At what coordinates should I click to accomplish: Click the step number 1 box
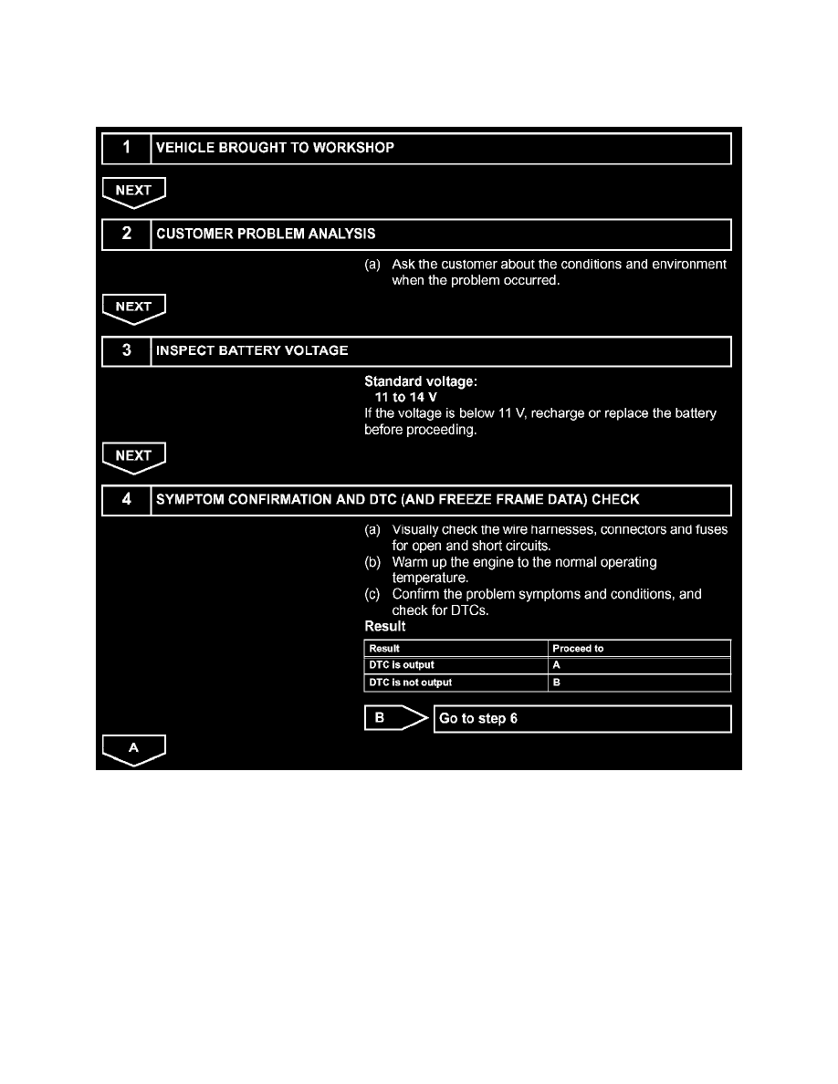point(126,148)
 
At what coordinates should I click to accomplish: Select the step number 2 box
point(126,235)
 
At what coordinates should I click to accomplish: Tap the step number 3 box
point(126,351)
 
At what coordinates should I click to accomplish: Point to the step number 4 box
point(126,500)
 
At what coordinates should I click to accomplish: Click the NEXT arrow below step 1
point(133,192)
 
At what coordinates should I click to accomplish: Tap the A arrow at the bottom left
point(133,749)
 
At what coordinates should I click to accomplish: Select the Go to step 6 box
point(581,719)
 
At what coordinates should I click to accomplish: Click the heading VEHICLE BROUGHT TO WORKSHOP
point(276,148)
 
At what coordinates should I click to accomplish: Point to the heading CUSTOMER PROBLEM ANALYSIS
point(266,235)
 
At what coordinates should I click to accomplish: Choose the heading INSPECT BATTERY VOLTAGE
point(252,351)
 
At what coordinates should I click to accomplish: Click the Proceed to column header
point(579,649)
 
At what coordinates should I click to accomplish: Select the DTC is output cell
point(402,665)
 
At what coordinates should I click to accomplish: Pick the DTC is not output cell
point(410,683)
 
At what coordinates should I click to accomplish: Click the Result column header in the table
point(384,649)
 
